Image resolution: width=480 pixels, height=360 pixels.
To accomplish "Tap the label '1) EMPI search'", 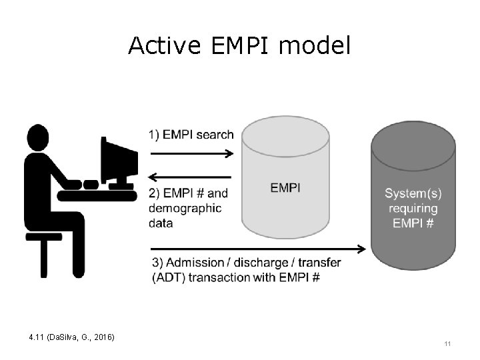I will [x=191, y=135].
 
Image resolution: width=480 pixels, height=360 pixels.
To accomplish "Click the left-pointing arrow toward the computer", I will [x=189, y=177].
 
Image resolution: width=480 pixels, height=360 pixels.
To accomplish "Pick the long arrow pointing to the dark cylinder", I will [x=257, y=249].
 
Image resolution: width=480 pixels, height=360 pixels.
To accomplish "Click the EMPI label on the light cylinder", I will [x=285, y=188].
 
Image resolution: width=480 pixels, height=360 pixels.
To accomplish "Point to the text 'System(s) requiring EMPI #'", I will [x=413, y=208].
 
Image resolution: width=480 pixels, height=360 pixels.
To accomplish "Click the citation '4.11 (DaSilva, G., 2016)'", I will [x=72, y=338].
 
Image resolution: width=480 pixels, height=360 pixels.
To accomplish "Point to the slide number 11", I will [x=447, y=344].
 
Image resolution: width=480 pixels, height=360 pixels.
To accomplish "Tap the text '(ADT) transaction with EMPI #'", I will [x=236, y=277].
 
